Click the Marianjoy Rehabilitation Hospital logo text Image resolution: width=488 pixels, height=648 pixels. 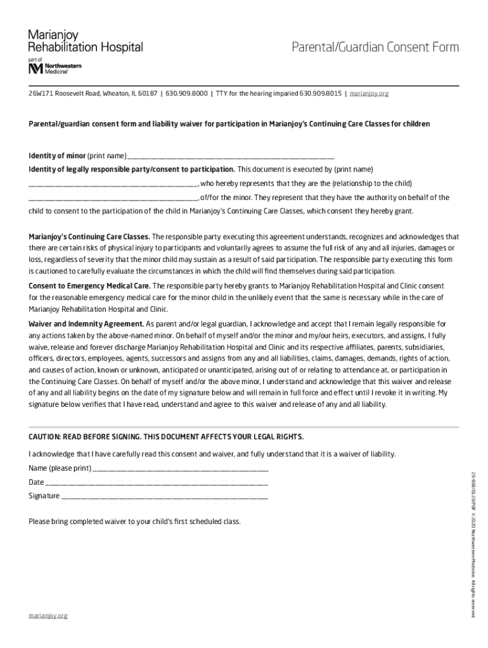pyautogui.click(x=85, y=42)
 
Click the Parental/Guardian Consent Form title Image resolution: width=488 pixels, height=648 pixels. pyautogui.click(x=375, y=47)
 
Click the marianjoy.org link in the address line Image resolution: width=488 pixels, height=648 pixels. pyautogui.click(x=369, y=94)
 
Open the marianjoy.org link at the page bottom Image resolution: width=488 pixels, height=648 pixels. pyautogui.click(x=48, y=615)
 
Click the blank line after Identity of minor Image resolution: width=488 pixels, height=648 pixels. pyautogui.click(x=231, y=156)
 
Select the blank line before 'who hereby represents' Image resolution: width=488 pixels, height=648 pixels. pyautogui.click(x=113, y=184)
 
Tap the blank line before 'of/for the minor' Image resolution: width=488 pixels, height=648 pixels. pyautogui.click(x=113, y=198)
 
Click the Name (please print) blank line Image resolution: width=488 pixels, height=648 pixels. pyautogui.click(x=181, y=470)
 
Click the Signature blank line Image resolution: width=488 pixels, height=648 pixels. pyautogui.click(x=164, y=497)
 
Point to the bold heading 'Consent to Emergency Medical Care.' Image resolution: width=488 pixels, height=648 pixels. pyautogui.click(x=89, y=286)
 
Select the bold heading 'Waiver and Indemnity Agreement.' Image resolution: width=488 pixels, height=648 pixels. pyautogui.click(x=86, y=323)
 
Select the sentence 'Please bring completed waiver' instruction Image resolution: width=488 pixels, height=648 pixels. pyautogui.click(x=134, y=522)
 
